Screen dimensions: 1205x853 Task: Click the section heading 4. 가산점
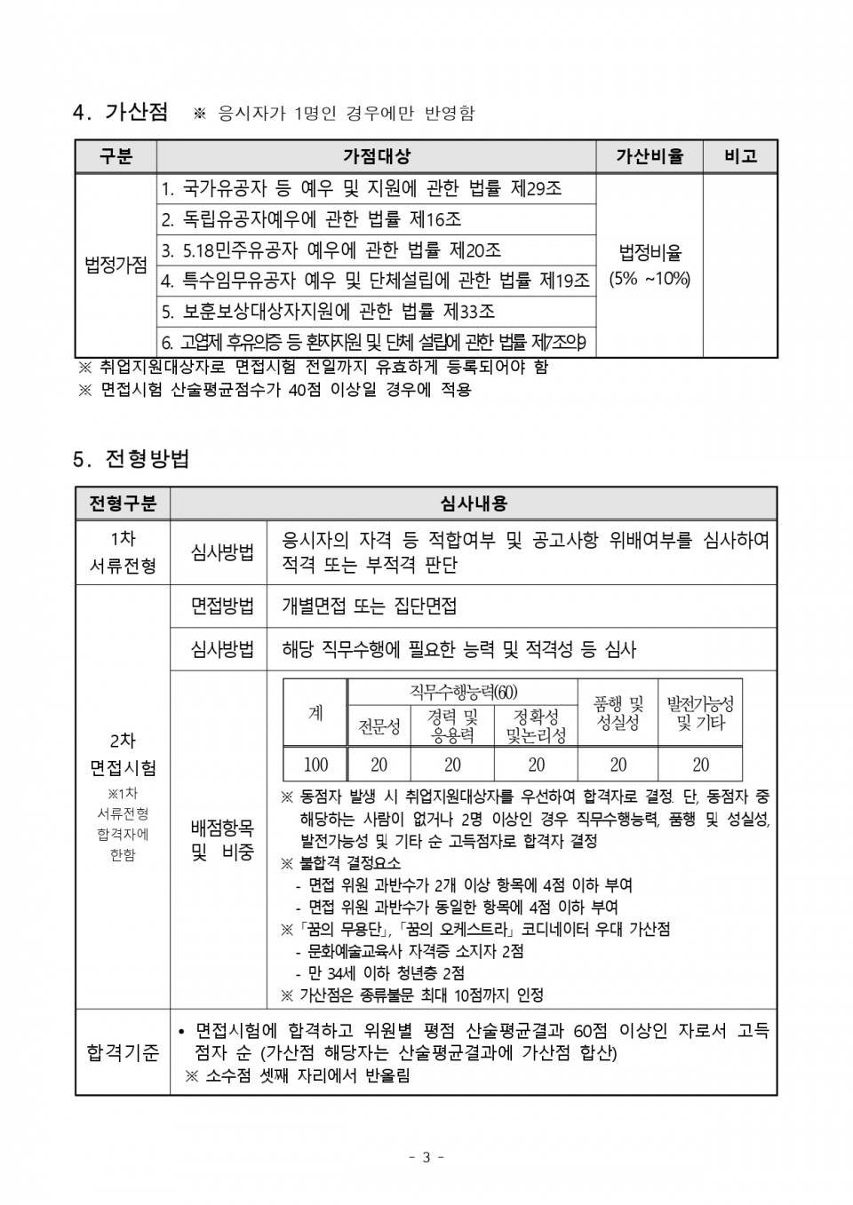pos(120,112)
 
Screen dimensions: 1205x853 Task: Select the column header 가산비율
pos(650,156)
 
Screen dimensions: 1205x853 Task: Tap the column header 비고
pos(740,156)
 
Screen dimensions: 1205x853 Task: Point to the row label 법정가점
pos(116,265)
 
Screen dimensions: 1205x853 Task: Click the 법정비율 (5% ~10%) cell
pos(650,265)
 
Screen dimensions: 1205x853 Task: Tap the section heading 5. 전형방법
pos(132,459)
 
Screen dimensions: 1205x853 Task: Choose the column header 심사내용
pos(474,503)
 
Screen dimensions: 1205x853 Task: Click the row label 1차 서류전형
pos(123,552)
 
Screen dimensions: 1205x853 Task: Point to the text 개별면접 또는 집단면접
pos(370,606)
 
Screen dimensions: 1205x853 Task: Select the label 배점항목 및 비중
pos(222,840)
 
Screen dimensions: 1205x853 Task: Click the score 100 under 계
pos(315,765)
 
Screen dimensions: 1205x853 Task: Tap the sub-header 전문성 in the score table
pos(379,727)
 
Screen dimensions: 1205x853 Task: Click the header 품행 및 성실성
pos(618,713)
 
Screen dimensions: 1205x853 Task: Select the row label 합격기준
pos(123,1053)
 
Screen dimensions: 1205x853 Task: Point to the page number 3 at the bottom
pos(426,1157)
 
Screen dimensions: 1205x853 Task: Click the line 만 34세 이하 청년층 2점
pos(387,973)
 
